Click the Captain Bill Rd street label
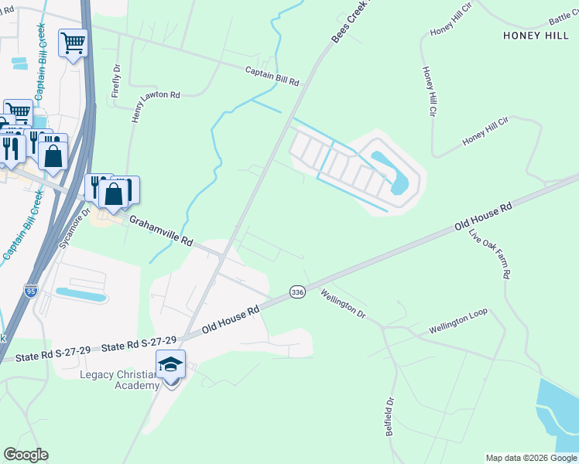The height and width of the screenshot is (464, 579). pos(272,74)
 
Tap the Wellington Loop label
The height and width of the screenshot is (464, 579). pos(458,322)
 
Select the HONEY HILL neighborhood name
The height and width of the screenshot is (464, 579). pos(536,36)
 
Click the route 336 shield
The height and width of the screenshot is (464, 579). pos(297,292)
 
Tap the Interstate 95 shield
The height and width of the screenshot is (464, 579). pos(30,291)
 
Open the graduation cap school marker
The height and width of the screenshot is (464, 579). pos(170,363)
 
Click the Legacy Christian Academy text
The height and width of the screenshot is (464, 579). pos(119,380)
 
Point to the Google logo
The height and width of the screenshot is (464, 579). pos(26,455)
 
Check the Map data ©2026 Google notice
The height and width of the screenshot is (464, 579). pos(531,458)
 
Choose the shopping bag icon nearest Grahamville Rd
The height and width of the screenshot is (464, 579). pos(114,193)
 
